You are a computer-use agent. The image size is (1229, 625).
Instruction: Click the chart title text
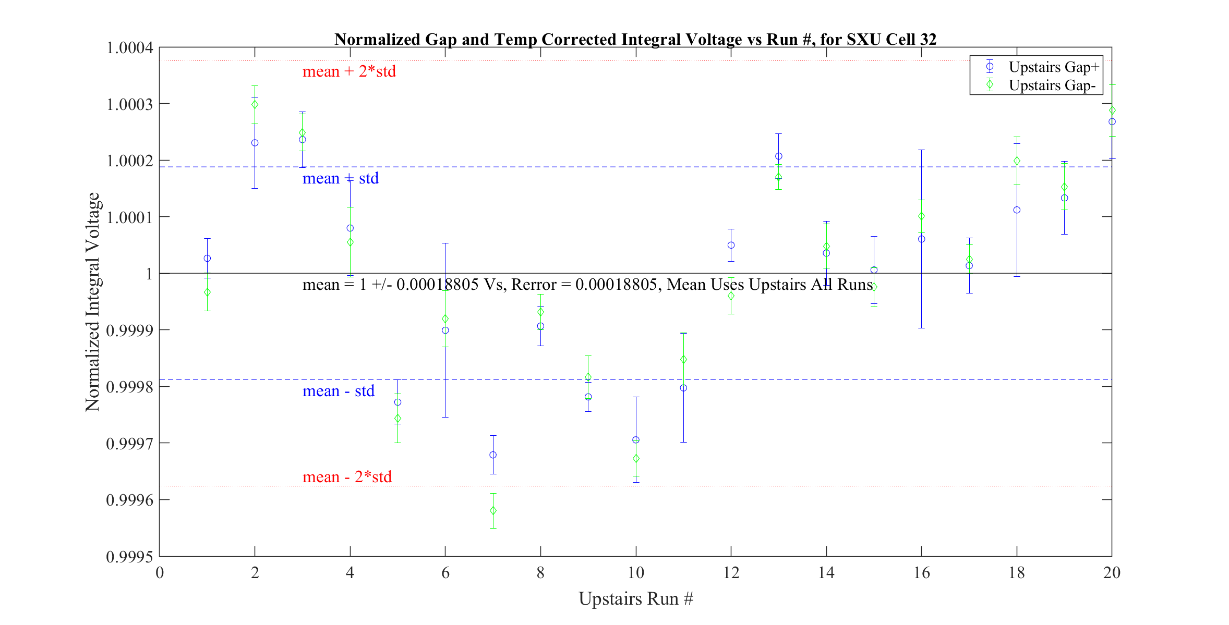(x=635, y=40)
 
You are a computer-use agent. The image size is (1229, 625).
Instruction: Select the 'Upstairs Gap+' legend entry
(x=1053, y=67)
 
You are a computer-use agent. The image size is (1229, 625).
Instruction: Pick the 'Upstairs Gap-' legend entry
(x=1052, y=85)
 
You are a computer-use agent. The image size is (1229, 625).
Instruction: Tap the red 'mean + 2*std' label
(x=349, y=71)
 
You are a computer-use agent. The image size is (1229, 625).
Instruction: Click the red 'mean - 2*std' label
(x=347, y=477)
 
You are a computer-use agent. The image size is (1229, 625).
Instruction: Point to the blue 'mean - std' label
(x=338, y=391)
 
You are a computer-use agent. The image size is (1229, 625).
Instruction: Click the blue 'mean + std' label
(x=340, y=178)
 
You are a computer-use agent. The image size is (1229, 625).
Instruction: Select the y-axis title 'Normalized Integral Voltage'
(x=92, y=302)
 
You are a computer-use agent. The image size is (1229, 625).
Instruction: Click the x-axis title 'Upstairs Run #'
(x=635, y=598)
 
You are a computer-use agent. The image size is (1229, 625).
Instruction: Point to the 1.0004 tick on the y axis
(x=130, y=48)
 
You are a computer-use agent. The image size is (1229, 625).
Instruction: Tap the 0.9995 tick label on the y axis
(x=130, y=557)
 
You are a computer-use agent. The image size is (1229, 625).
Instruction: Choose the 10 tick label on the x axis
(x=635, y=573)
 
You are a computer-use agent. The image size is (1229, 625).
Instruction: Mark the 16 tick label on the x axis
(x=921, y=573)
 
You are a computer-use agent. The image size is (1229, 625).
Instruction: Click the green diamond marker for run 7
(x=493, y=511)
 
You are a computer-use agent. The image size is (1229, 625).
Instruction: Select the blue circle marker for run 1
(x=207, y=259)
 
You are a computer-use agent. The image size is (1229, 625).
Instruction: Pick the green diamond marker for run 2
(x=255, y=105)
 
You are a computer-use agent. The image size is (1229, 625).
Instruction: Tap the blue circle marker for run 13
(x=778, y=156)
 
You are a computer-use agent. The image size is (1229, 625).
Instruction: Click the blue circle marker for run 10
(x=635, y=440)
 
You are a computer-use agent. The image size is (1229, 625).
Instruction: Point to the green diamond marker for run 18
(x=1017, y=161)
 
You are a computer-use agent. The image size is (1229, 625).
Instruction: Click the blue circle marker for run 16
(x=921, y=239)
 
